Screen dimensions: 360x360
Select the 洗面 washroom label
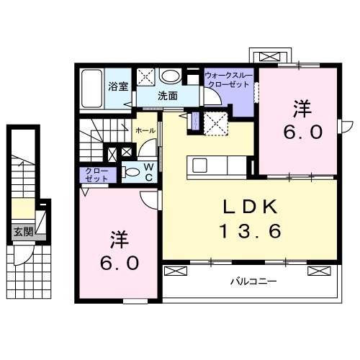click(168, 95)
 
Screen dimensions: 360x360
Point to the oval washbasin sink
click(170, 76)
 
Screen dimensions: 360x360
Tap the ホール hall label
click(144, 130)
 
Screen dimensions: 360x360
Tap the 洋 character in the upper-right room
click(302, 109)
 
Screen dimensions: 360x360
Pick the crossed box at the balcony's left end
click(175, 271)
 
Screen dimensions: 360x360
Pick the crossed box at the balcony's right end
click(318, 271)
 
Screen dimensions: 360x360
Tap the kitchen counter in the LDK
click(217, 165)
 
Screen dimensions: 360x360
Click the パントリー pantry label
click(192, 120)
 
